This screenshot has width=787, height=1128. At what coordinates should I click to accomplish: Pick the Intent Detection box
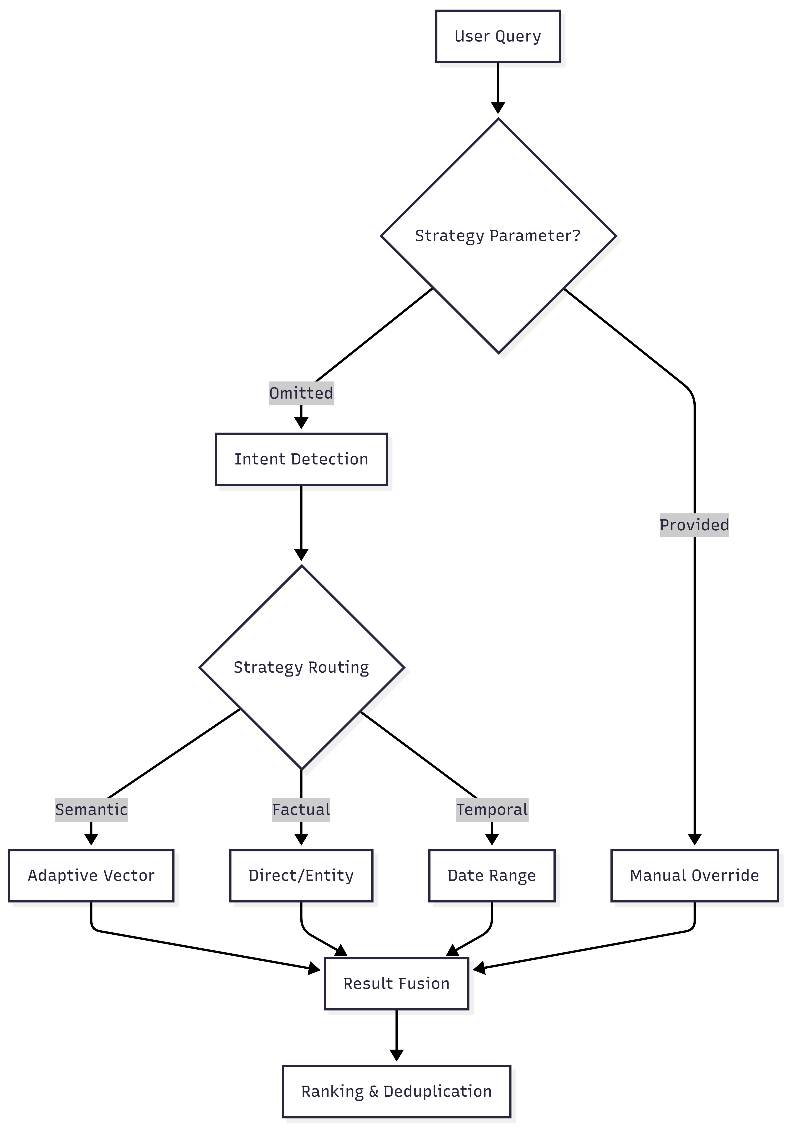[301, 459]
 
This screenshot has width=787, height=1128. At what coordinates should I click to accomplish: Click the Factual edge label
[301, 809]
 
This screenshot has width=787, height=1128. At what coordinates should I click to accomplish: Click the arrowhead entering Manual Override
[694, 839]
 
